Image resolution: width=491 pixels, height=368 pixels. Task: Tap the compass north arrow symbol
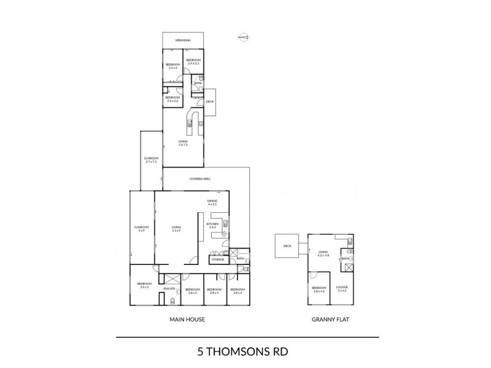244,37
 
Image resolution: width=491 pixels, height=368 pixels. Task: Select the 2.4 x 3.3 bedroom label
193,61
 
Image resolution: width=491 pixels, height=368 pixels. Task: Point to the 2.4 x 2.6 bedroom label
172,99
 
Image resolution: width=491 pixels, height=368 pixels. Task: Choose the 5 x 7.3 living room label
183,144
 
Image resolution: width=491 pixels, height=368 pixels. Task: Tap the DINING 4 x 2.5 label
212,202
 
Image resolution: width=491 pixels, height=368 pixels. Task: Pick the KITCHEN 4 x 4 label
213,226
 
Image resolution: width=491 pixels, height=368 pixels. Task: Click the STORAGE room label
218,259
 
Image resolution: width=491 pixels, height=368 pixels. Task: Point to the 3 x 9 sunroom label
141,229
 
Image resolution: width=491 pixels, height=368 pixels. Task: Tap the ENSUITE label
170,288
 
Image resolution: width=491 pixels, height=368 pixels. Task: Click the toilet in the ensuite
174,301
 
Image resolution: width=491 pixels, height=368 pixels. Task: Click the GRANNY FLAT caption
331,320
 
